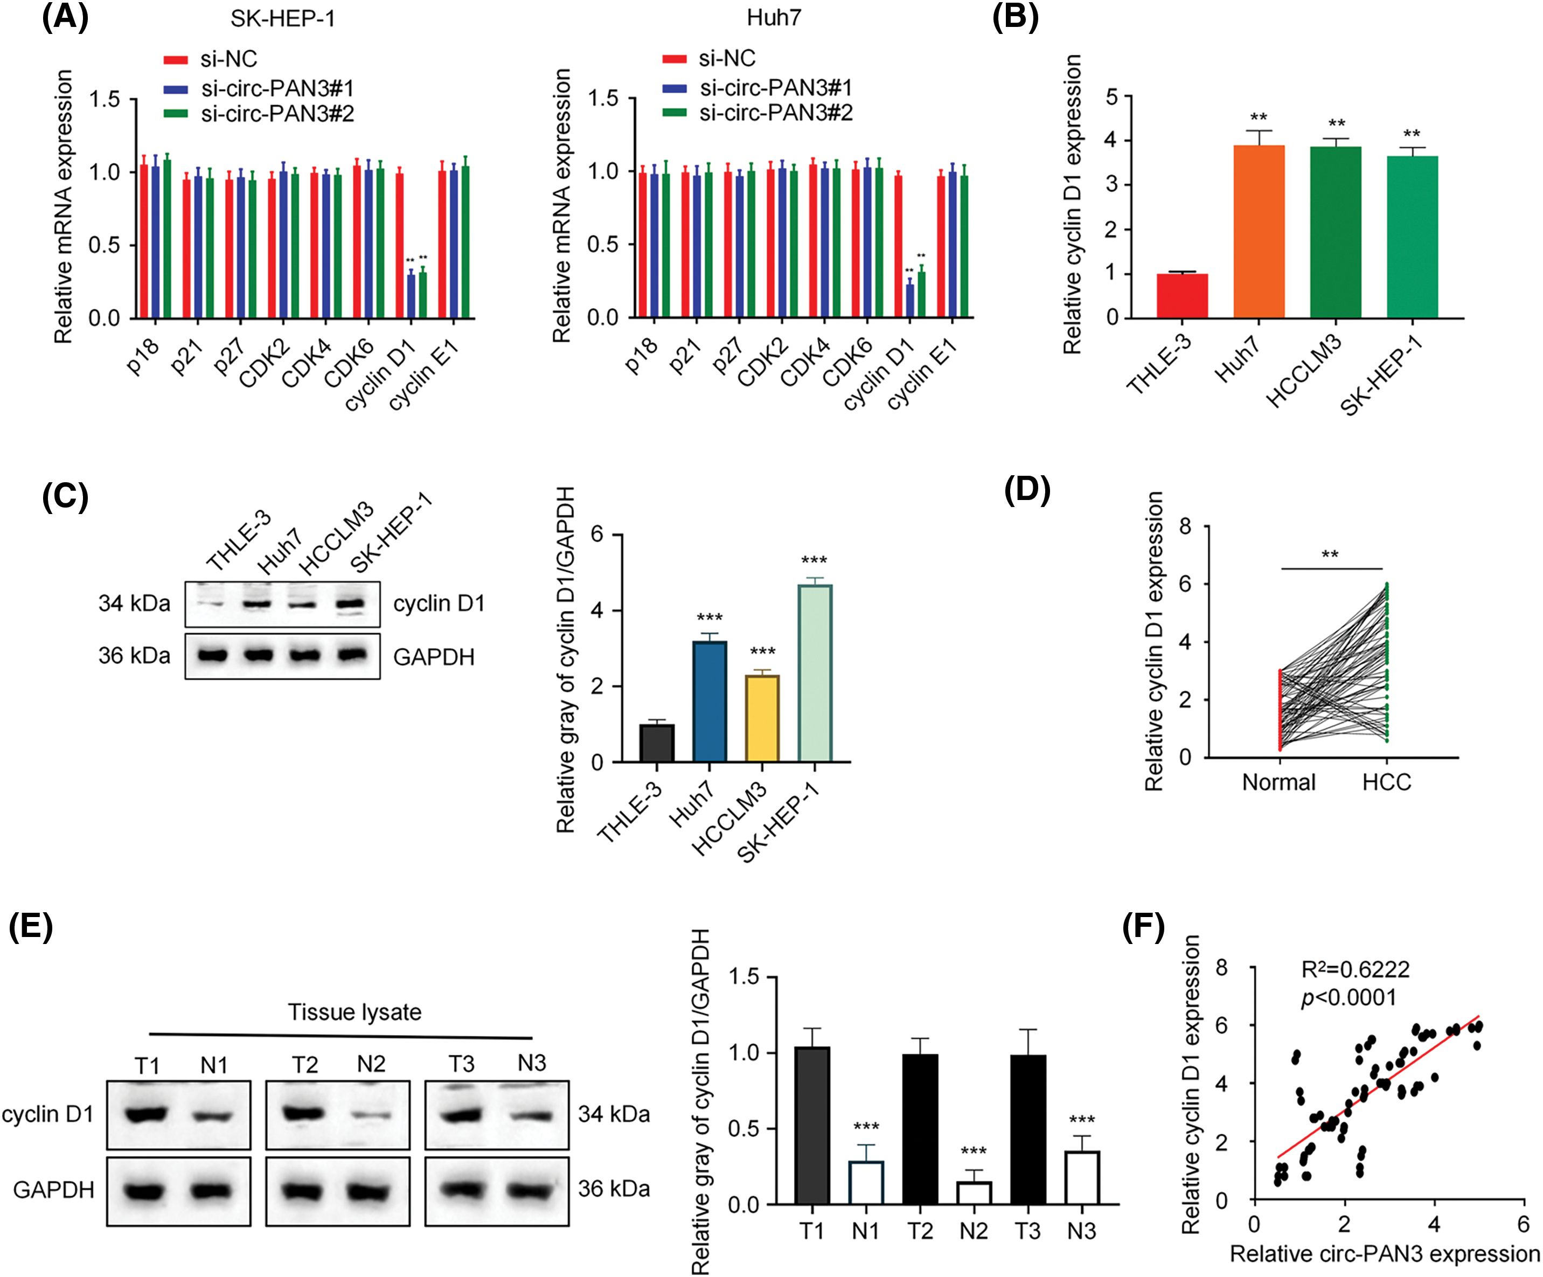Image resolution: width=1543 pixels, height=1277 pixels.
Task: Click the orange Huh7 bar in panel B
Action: tap(1259, 232)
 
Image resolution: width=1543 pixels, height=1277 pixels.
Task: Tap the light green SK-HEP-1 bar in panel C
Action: tap(814, 673)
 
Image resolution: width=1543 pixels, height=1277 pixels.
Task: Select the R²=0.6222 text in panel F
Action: tap(1355, 969)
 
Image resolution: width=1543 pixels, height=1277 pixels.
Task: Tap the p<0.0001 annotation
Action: tap(1349, 997)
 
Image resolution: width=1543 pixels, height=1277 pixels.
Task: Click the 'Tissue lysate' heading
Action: tap(354, 1012)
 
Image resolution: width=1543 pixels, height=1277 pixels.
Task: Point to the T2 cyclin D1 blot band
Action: tap(303, 1113)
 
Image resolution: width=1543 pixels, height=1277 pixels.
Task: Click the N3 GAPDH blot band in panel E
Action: tap(531, 1188)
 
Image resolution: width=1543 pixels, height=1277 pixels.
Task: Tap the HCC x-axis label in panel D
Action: tap(1387, 782)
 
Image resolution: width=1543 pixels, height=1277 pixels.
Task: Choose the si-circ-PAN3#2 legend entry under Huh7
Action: tap(775, 113)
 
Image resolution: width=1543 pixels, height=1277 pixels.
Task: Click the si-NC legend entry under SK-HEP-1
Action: tap(228, 59)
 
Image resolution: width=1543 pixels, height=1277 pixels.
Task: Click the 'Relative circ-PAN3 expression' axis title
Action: tap(1384, 1253)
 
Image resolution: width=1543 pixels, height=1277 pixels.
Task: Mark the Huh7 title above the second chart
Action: tap(774, 18)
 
